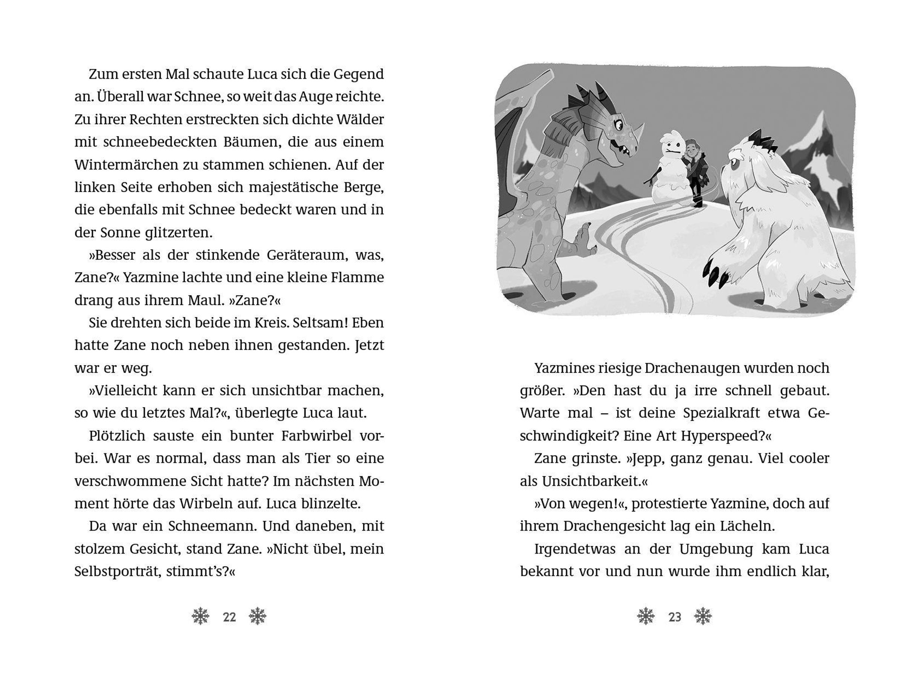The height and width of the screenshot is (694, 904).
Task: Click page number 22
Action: click(x=229, y=617)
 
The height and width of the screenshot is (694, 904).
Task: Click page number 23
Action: click(x=675, y=617)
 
